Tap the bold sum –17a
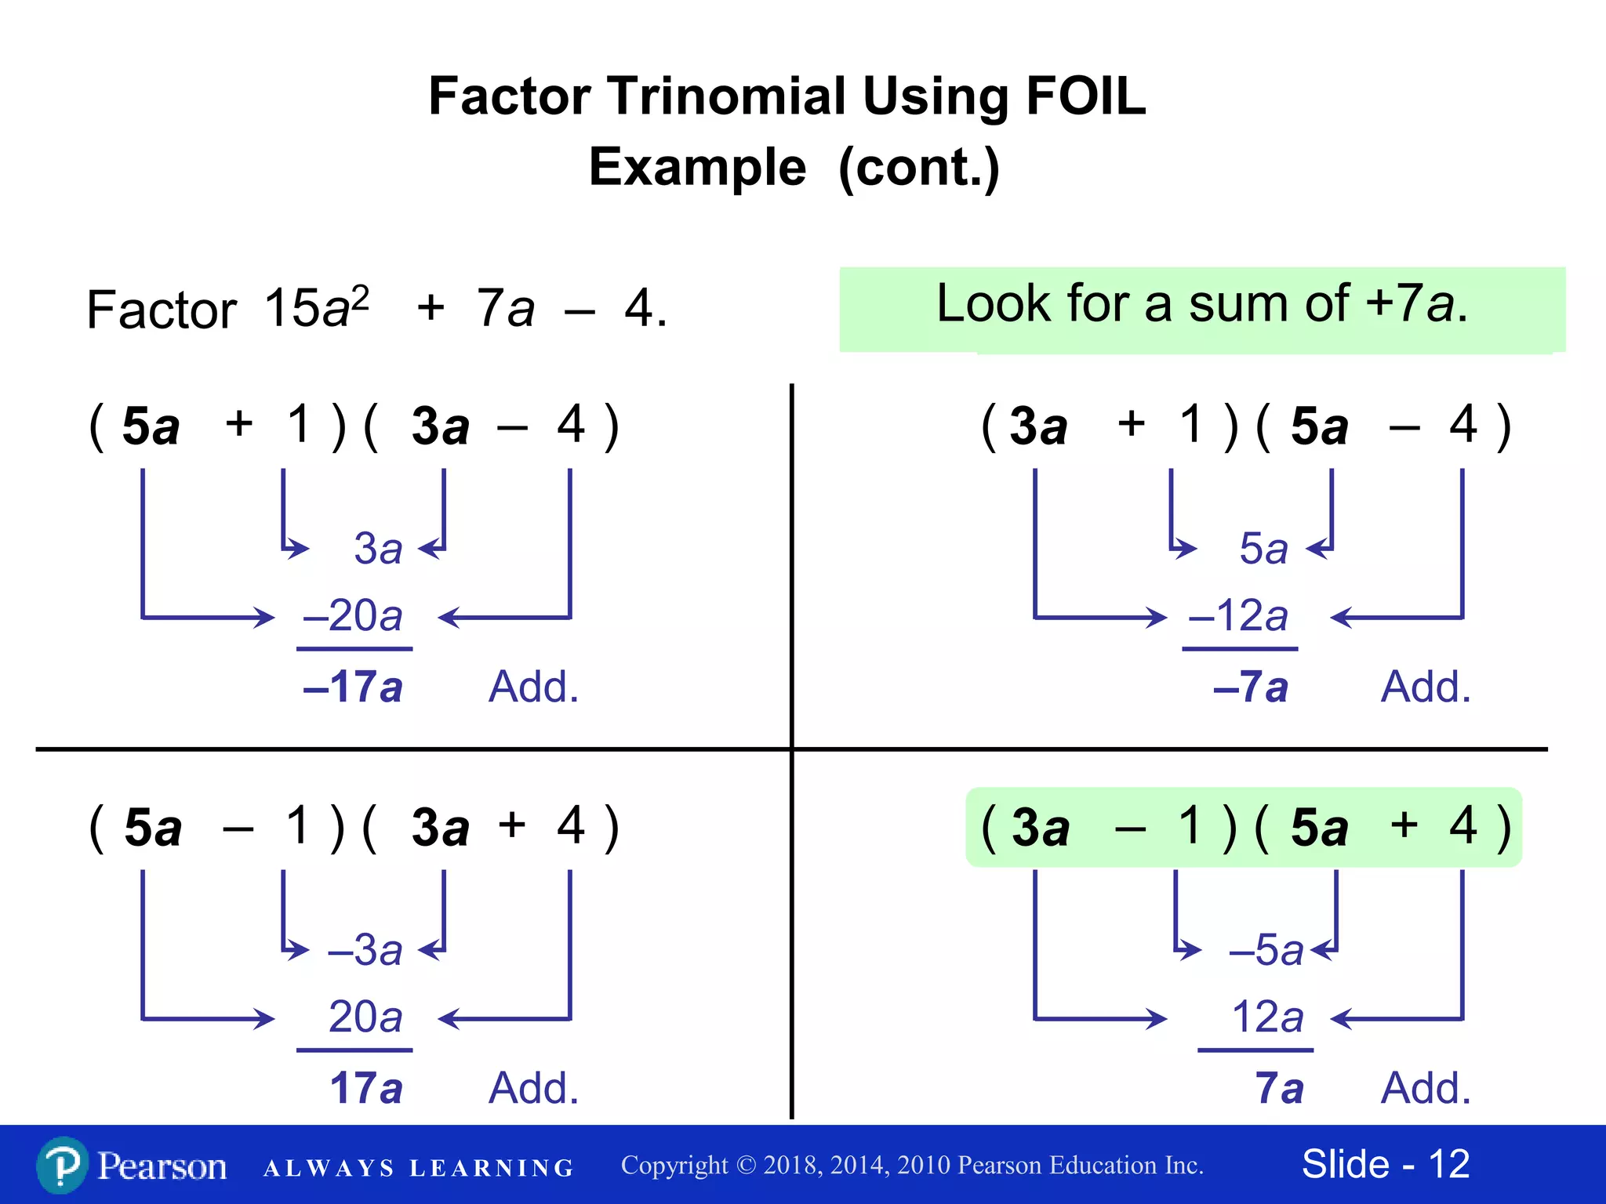click(x=353, y=687)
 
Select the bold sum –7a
click(x=1250, y=687)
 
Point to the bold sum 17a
click(x=365, y=1088)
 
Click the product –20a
click(x=353, y=615)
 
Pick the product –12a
click(x=1239, y=615)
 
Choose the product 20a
click(x=365, y=1017)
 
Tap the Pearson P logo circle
click(x=61, y=1165)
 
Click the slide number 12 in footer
click(x=1449, y=1164)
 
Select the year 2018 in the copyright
click(x=792, y=1166)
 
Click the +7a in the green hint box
click(x=1410, y=303)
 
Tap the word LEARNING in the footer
click(x=492, y=1168)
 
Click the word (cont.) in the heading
click(x=919, y=168)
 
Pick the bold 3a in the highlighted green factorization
click(x=1041, y=828)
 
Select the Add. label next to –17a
click(x=533, y=687)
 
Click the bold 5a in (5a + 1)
click(x=151, y=427)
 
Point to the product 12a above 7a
click(x=1267, y=1017)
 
